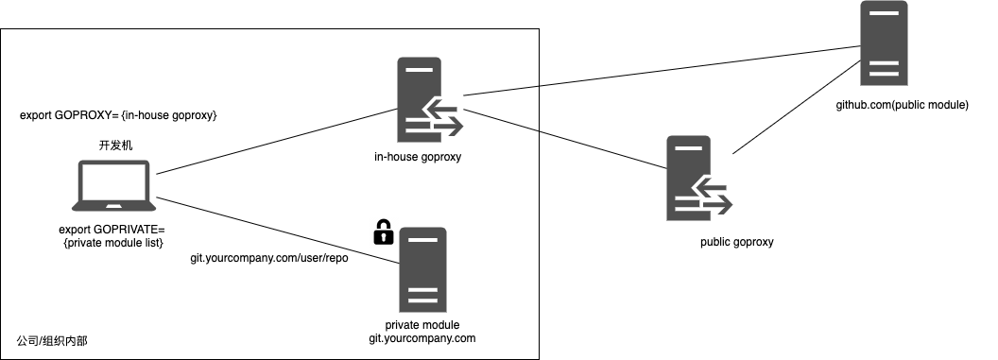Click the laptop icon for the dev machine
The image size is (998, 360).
point(114,186)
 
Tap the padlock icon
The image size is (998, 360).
point(383,232)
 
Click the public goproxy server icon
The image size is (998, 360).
point(698,178)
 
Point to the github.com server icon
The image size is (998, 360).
point(884,43)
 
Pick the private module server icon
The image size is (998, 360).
point(423,269)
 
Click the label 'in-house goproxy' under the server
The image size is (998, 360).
point(418,157)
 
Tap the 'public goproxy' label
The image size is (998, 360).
point(737,242)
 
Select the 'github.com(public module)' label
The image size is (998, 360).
point(902,105)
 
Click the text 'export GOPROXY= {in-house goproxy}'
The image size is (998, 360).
point(119,115)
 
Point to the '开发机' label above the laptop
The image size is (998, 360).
point(116,146)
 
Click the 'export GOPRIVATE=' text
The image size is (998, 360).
point(112,230)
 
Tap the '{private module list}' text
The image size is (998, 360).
point(113,242)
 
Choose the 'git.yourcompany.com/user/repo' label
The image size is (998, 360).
point(269,259)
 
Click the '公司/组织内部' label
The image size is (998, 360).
point(52,341)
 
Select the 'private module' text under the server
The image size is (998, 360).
point(422,325)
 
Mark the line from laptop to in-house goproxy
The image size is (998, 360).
point(277,141)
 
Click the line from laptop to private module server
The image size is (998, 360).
point(278,231)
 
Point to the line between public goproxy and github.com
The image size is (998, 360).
point(797,107)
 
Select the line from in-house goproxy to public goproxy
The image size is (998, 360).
point(565,139)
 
